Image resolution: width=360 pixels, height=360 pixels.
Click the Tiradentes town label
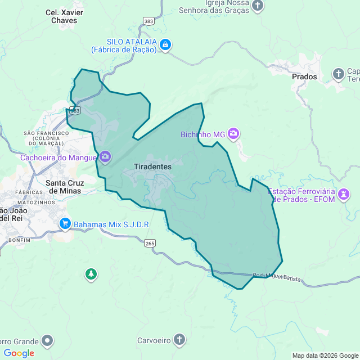click(x=153, y=167)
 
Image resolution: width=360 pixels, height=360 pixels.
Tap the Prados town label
click(x=304, y=76)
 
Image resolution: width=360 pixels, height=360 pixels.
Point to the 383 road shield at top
click(x=148, y=21)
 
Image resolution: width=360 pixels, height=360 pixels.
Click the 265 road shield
click(x=150, y=243)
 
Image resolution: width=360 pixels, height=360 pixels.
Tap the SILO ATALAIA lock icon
click(x=165, y=45)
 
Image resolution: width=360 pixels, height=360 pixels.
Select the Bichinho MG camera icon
click(x=233, y=134)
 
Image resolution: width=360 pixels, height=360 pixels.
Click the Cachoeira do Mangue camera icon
click(x=105, y=157)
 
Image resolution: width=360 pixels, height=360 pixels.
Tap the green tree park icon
click(x=91, y=274)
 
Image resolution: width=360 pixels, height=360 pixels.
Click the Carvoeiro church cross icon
click(x=178, y=340)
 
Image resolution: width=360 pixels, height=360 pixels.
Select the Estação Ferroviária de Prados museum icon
click(x=343, y=195)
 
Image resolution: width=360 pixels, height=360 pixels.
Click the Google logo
click(x=19, y=353)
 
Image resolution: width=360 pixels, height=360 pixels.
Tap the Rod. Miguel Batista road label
click(x=277, y=276)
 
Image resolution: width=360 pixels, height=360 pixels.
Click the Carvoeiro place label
click(x=154, y=340)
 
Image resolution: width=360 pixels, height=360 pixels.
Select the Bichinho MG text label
click(x=202, y=134)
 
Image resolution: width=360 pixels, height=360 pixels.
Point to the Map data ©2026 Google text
click(x=325, y=355)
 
